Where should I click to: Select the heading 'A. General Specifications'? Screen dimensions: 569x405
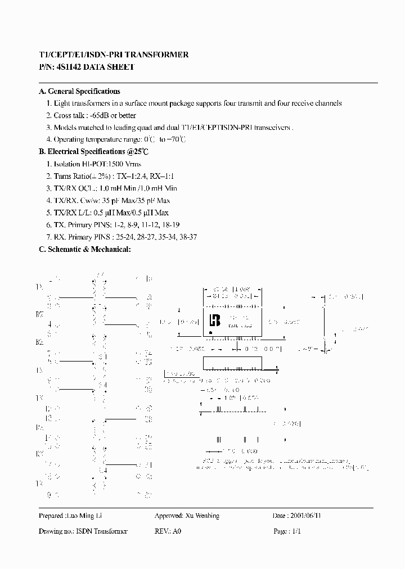coord(79,91)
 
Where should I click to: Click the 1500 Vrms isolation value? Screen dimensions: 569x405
coord(124,164)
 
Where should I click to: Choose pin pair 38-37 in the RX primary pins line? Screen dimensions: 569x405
coord(185,237)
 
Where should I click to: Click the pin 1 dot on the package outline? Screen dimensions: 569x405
coord(210,332)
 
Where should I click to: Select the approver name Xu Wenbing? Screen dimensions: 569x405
coord(202,516)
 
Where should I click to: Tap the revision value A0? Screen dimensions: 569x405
coord(177,531)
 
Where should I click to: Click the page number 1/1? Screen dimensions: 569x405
coord(296,531)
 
